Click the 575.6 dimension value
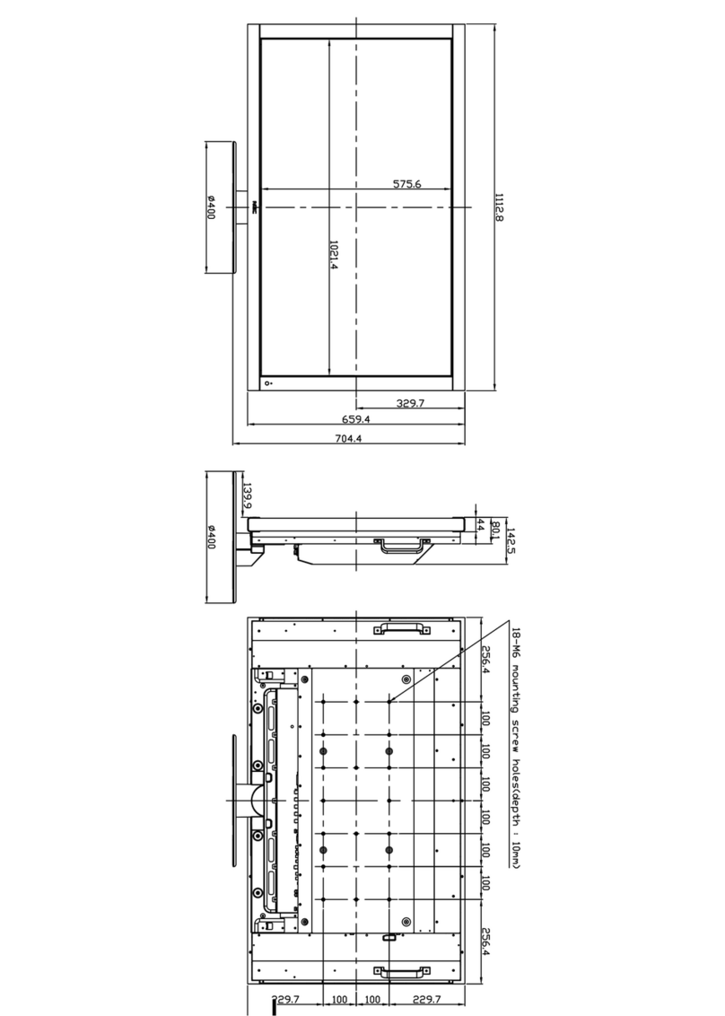point(406,184)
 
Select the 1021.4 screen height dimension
point(333,255)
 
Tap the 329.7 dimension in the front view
point(410,404)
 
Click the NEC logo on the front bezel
point(255,206)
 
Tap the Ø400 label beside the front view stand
point(211,207)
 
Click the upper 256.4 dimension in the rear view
point(485,658)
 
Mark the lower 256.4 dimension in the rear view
point(485,942)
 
